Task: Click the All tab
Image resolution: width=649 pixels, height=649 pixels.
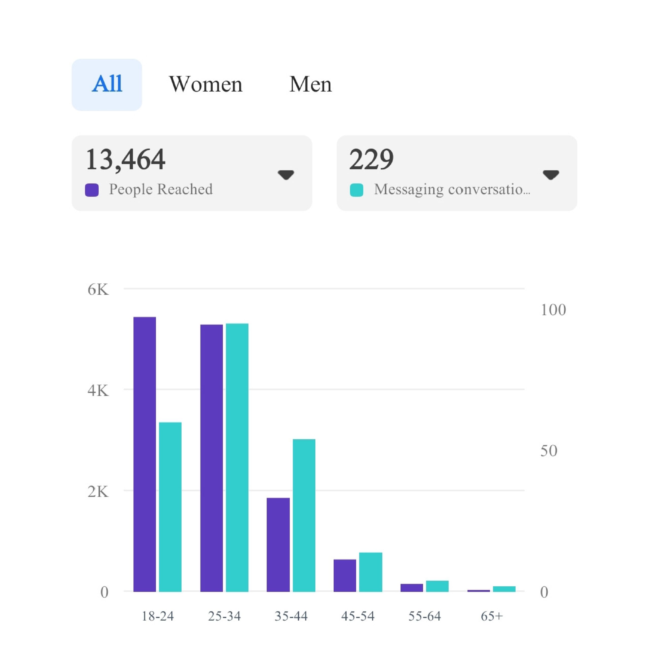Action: [107, 85]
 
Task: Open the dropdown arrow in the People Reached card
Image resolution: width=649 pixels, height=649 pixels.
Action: [286, 175]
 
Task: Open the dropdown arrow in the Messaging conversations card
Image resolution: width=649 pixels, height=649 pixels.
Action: [551, 175]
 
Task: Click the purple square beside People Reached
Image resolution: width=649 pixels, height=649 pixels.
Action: [92, 190]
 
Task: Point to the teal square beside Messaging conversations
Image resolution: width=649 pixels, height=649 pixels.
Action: [356, 190]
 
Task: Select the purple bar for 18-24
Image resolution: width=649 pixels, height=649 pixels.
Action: [145, 454]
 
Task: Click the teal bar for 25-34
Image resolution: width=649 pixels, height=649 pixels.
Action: [237, 457]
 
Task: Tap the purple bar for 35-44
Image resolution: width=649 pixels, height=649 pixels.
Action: [278, 544]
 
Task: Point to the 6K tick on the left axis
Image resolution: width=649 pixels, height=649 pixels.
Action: [98, 290]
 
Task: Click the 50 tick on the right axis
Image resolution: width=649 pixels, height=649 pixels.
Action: [549, 451]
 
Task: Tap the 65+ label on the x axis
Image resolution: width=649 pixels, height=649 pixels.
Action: [492, 616]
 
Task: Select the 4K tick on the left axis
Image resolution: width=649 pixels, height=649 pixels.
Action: [98, 391]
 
